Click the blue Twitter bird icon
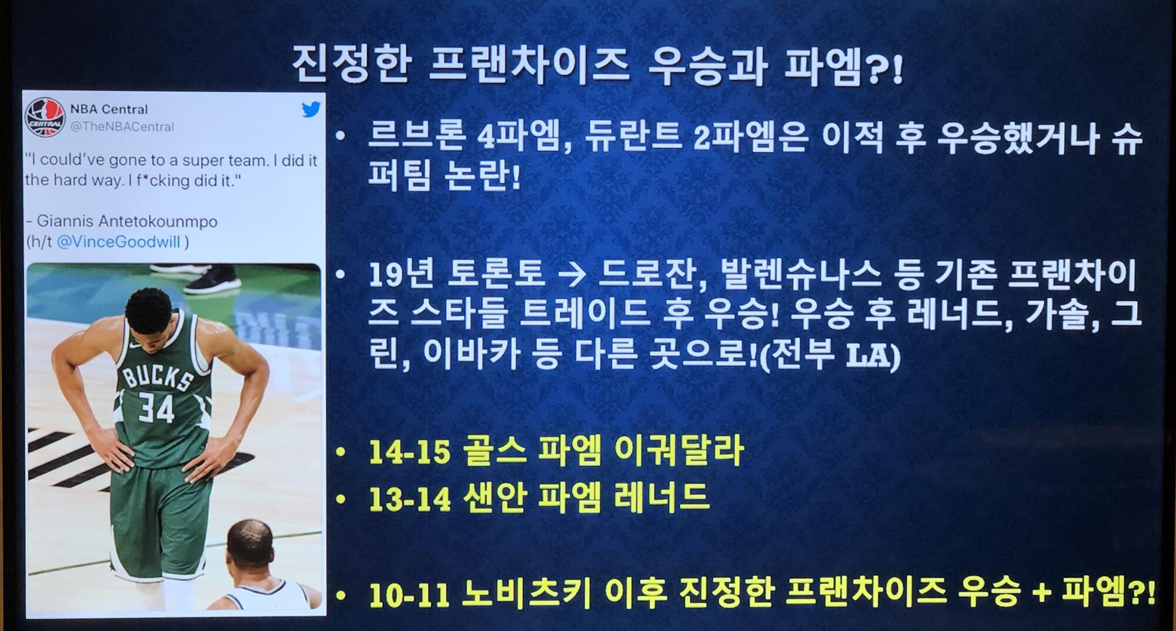(311, 109)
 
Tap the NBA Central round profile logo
(45, 118)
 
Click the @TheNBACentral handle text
(122, 127)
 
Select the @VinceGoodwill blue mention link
(119, 242)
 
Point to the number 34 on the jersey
(156, 408)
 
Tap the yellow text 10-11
(409, 594)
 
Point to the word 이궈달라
(679, 451)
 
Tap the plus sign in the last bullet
(1041, 593)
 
